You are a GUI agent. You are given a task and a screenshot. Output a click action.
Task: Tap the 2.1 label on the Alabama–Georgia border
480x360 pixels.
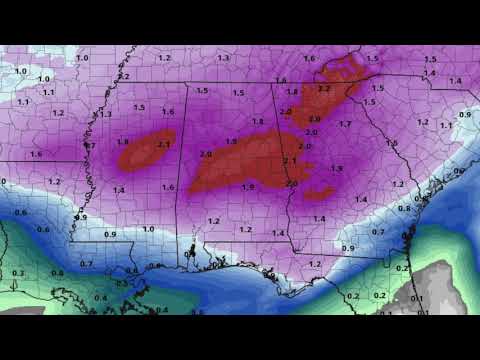[290, 161]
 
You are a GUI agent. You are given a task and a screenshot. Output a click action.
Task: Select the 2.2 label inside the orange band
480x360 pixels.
[323, 89]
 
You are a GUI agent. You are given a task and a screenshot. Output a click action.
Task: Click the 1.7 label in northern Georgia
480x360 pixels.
[346, 124]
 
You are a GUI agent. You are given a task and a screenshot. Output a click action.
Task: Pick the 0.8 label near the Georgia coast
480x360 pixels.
[403, 208]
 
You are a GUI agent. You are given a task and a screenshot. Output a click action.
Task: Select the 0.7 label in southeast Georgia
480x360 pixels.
[377, 232]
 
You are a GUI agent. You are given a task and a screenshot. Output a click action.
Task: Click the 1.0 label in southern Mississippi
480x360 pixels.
[148, 229]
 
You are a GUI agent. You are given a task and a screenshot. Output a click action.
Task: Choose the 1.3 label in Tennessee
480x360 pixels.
[223, 59]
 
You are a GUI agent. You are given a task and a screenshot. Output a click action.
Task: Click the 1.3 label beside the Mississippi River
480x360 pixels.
[105, 115]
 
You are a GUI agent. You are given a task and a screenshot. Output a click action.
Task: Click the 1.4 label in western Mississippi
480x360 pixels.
[119, 189]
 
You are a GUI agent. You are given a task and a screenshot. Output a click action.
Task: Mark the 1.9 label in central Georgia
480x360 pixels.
[337, 169]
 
